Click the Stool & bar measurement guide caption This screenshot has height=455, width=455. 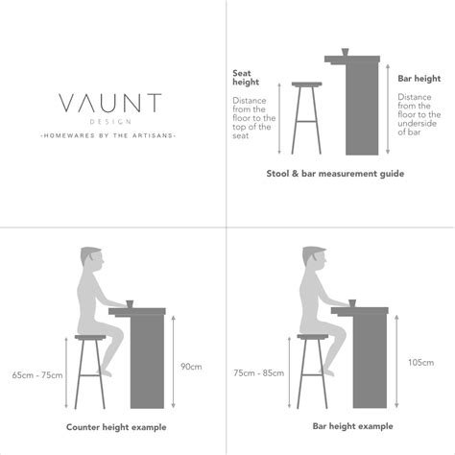click(335, 174)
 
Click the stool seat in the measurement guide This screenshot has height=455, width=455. click(307, 85)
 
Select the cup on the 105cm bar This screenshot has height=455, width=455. click(354, 303)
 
